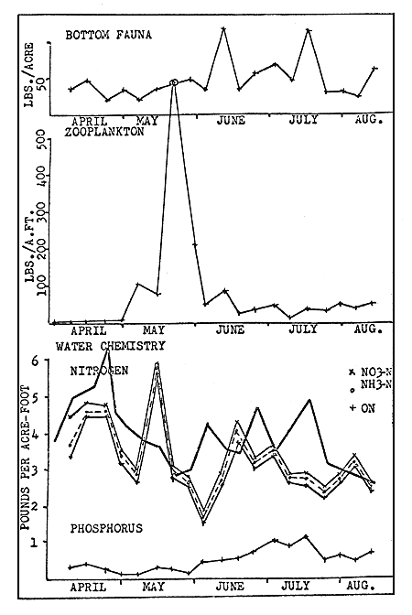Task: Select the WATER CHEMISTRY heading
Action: click(110, 347)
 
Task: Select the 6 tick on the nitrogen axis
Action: click(35, 361)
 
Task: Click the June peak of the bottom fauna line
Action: click(222, 28)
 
